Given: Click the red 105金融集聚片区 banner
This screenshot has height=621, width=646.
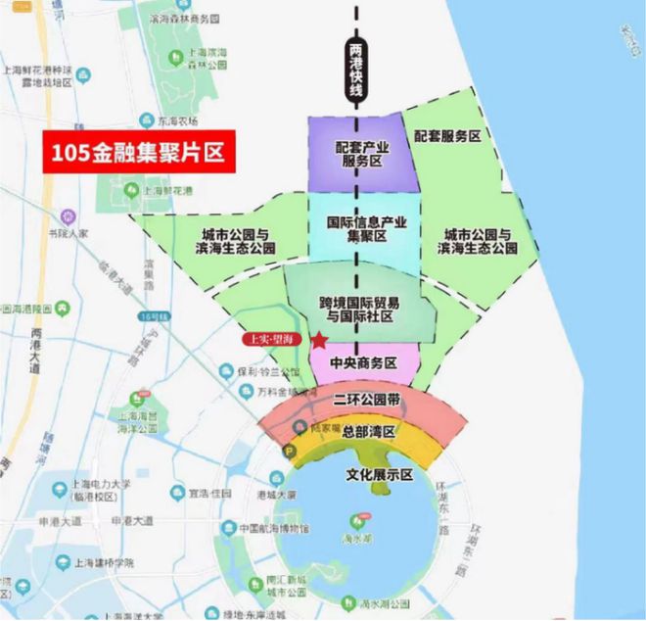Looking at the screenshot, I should coord(139,153).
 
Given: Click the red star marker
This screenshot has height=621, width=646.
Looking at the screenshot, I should coord(318,340).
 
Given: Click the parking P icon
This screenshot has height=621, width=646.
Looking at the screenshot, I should coord(291,452).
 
